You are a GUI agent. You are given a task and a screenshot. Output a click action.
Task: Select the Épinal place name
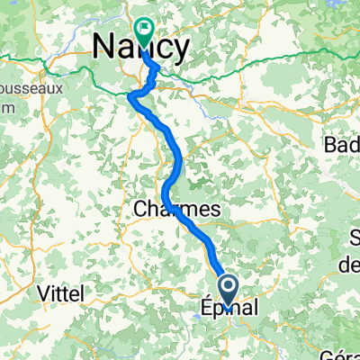pos(228,308)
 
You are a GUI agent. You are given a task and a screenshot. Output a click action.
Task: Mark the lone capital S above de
pos(350,237)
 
